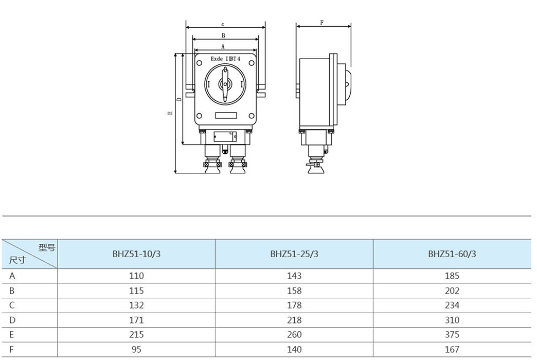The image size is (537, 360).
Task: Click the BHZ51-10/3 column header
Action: (x=136, y=254)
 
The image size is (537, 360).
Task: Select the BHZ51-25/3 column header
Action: (x=294, y=254)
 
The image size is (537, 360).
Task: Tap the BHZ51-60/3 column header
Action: (x=452, y=254)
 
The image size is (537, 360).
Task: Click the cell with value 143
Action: (x=294, y=276)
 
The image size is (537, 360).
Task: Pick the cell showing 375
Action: (x=452, y=334)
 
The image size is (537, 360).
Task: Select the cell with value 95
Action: (x=136, y=349)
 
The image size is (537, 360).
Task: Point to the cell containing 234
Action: (x=452, y=305)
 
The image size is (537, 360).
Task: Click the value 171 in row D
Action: (x=136, y=320)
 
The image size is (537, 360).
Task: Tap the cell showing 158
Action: (x=294, y=291)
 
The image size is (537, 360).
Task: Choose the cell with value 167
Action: (x=452, y=349)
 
